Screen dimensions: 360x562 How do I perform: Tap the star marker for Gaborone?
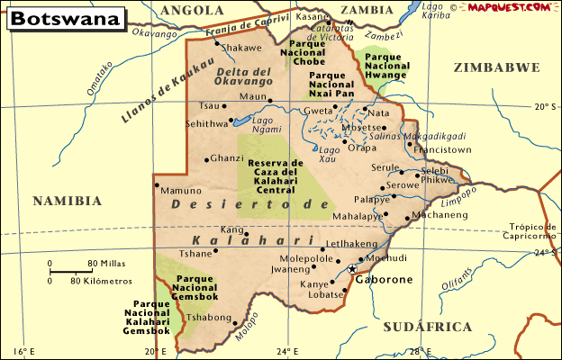click(x=352, y=268)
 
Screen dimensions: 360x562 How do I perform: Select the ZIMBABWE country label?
click(x=497, y=68)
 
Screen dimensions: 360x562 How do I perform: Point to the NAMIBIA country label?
click(x=68, y=201)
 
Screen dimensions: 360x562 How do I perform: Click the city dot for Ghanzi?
click(x=208, y=159)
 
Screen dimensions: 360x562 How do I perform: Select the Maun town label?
click(x=255, y=96)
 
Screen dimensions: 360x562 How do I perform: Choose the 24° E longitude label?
click(x=287, y=350)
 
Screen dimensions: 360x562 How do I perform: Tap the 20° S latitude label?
click(x=545, y=106)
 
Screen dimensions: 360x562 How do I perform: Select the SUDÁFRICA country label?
click(x=426, y=326)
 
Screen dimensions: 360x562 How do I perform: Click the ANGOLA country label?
click(x=192, y=11)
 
